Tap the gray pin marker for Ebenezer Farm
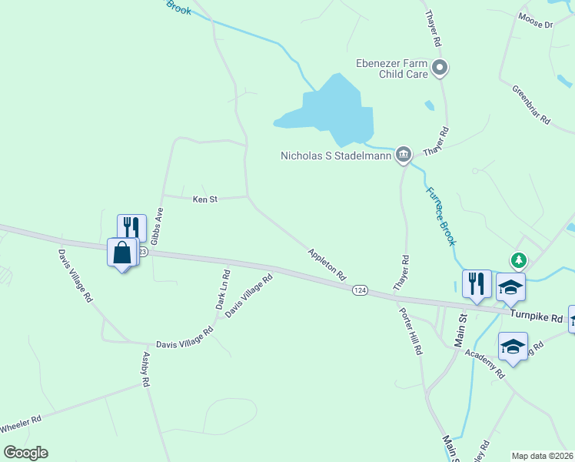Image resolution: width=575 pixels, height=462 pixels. (440, 69)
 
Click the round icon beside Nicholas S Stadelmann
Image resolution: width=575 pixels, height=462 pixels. (403, 156)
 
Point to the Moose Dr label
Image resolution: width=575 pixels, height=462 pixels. (535, 20)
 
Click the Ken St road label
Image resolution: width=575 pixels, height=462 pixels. (205, 199)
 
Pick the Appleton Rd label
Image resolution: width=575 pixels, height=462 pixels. (327, 264)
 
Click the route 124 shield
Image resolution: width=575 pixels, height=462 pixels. (360, 290)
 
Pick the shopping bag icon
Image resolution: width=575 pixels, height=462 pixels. (122, 253)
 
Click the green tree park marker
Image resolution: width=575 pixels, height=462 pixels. (520, 260)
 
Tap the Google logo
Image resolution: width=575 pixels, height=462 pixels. (25, 453)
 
